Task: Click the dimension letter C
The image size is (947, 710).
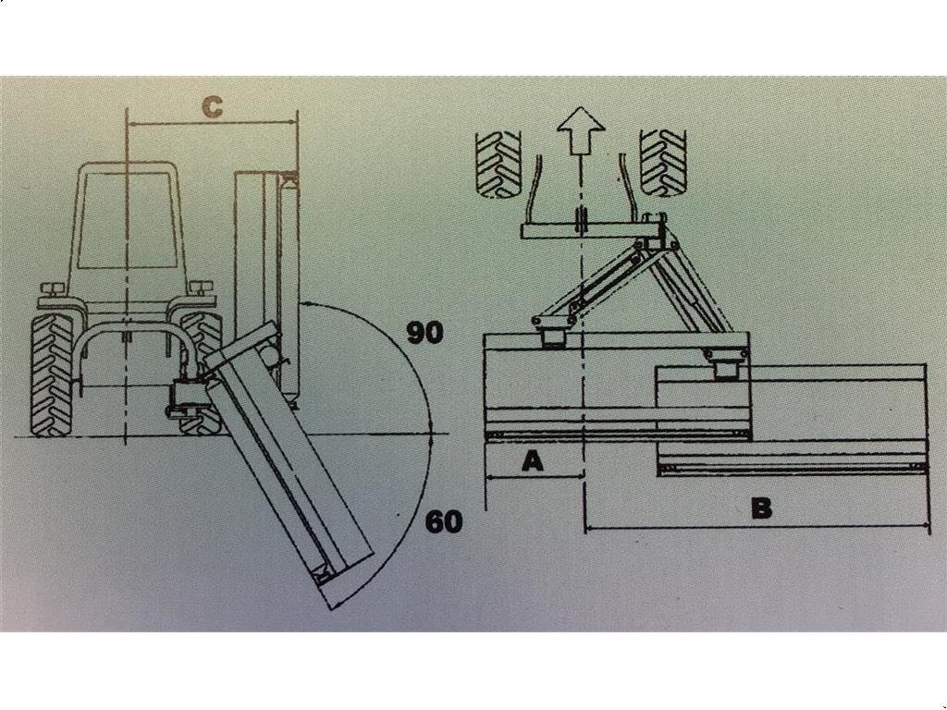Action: (212, 107)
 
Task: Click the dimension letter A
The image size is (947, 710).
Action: (532, 461)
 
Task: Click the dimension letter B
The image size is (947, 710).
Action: (762, 508)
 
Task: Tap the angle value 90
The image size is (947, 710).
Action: (425, 333)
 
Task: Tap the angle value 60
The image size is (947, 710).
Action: (444, 521)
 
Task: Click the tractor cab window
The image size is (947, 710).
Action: (128, 219)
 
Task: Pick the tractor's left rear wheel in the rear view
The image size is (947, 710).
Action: (53, 374)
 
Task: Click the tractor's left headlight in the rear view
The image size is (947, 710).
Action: (52, 288)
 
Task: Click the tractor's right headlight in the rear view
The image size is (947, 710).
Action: (202, 288)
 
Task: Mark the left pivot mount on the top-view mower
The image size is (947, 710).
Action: (552, 332)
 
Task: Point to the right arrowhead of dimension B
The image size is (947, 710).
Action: (925, 529)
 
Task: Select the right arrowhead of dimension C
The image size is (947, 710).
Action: (292, 123)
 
